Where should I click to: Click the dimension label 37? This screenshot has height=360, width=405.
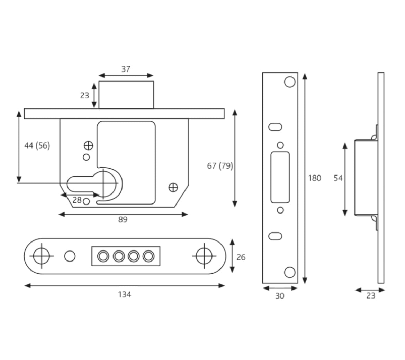[x=126, y=69]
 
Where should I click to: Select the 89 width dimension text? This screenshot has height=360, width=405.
[x=123, y=220]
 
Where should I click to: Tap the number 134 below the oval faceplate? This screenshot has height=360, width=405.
[x=125, y=295]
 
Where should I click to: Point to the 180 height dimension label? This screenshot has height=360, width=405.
[x=315, y=178]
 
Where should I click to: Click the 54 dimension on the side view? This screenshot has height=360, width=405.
[x=338, y=178]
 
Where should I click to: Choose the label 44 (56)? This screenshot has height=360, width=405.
[x=37, y=146]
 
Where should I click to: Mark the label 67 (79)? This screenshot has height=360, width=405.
[x=220, y=166]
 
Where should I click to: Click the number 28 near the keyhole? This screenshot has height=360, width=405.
[x=77, y=200]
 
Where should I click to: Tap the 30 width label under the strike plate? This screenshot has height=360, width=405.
[x=280, y=296]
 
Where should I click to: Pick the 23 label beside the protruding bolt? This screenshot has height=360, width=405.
[x=85, y=96]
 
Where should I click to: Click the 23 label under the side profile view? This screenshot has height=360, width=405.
[x=371, y=296]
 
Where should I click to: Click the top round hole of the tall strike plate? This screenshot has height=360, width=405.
[x=290, y=82]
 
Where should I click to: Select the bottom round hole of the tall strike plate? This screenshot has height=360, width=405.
[x=290, y=272]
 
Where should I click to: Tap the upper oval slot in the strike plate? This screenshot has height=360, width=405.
[x=275, y=127]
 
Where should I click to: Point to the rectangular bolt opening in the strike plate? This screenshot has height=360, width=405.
[x=280, y=177]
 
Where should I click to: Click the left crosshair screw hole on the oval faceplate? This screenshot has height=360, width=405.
[x=42, y=256]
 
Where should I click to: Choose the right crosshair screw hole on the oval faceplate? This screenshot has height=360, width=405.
[x=204, y=256]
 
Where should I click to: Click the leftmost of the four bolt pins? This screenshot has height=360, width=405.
[x=103, y=256]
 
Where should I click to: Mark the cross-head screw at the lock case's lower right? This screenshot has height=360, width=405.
[x=173, y=188]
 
